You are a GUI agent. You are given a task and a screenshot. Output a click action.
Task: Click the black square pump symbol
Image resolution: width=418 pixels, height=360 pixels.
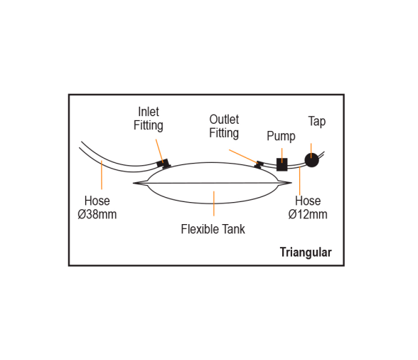click(282, 164)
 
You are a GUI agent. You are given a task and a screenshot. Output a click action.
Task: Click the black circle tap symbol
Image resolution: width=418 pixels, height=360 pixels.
click(311, 160)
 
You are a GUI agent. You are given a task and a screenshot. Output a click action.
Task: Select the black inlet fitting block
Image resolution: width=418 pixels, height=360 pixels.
click(164, 164)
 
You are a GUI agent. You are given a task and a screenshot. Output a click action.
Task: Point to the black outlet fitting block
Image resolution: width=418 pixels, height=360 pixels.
click(259, 164)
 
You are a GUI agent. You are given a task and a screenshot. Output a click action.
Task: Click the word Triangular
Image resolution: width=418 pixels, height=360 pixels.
click(306, 252)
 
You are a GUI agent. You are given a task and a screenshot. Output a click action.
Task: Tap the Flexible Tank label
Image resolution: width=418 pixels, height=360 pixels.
click(213, 229)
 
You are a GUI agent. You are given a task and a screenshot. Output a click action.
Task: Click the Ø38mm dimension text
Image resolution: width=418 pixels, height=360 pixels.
click(97, 214)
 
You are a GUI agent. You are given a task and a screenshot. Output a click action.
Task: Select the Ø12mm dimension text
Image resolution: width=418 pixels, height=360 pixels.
click(308, 214)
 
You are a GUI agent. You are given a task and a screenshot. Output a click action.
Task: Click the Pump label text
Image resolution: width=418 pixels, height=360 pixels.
click(281, 137)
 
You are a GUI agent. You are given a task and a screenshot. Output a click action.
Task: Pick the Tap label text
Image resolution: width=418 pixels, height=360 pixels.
click(317, 122)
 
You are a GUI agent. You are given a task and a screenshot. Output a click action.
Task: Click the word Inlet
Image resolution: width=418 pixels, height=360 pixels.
click(149, 112)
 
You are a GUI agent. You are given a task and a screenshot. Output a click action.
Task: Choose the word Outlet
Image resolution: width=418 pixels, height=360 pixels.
click(224, 120)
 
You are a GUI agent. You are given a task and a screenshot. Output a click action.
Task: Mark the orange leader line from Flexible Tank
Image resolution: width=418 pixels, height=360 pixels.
click(214, 203)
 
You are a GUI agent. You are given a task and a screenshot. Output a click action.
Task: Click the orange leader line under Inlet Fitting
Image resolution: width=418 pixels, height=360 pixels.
click(159, 151)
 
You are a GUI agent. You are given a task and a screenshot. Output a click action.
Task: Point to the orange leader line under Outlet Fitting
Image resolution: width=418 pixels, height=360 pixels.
click(243, 157)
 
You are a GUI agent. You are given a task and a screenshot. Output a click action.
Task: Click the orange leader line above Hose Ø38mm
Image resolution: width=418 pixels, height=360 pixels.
click(102, 175)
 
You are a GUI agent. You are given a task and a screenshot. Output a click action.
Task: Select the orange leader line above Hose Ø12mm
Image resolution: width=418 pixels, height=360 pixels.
click(300, 181)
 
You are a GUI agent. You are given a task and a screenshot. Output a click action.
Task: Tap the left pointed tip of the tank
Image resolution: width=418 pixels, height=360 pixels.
click(133, 183)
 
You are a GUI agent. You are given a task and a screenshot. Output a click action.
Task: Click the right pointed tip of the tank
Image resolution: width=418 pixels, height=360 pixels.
click(291, 183)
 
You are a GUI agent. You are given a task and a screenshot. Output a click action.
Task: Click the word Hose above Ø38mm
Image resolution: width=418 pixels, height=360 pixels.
click(97, 201)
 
